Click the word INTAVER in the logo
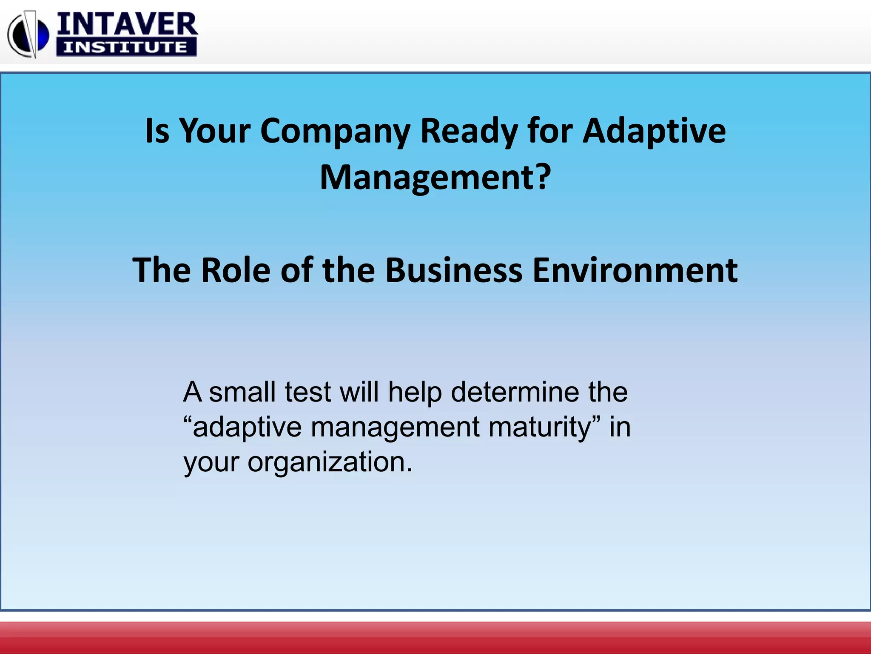127,24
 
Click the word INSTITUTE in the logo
126,47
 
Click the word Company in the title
335,131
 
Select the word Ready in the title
468,131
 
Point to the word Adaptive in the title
654,131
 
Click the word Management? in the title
435,178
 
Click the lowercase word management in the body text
395,427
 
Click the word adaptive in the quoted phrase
247,427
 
